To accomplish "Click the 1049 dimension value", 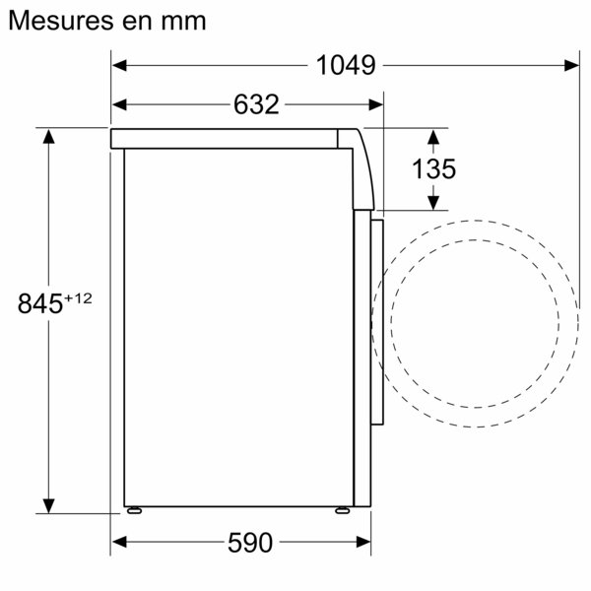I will coord(346,66).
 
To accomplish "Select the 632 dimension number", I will coord(257,103).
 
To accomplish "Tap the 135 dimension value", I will coord(433,168).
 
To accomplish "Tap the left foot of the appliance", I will coord(132,511).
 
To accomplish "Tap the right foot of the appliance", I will coord(341,511).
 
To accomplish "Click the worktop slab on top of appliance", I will coord(231,138).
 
